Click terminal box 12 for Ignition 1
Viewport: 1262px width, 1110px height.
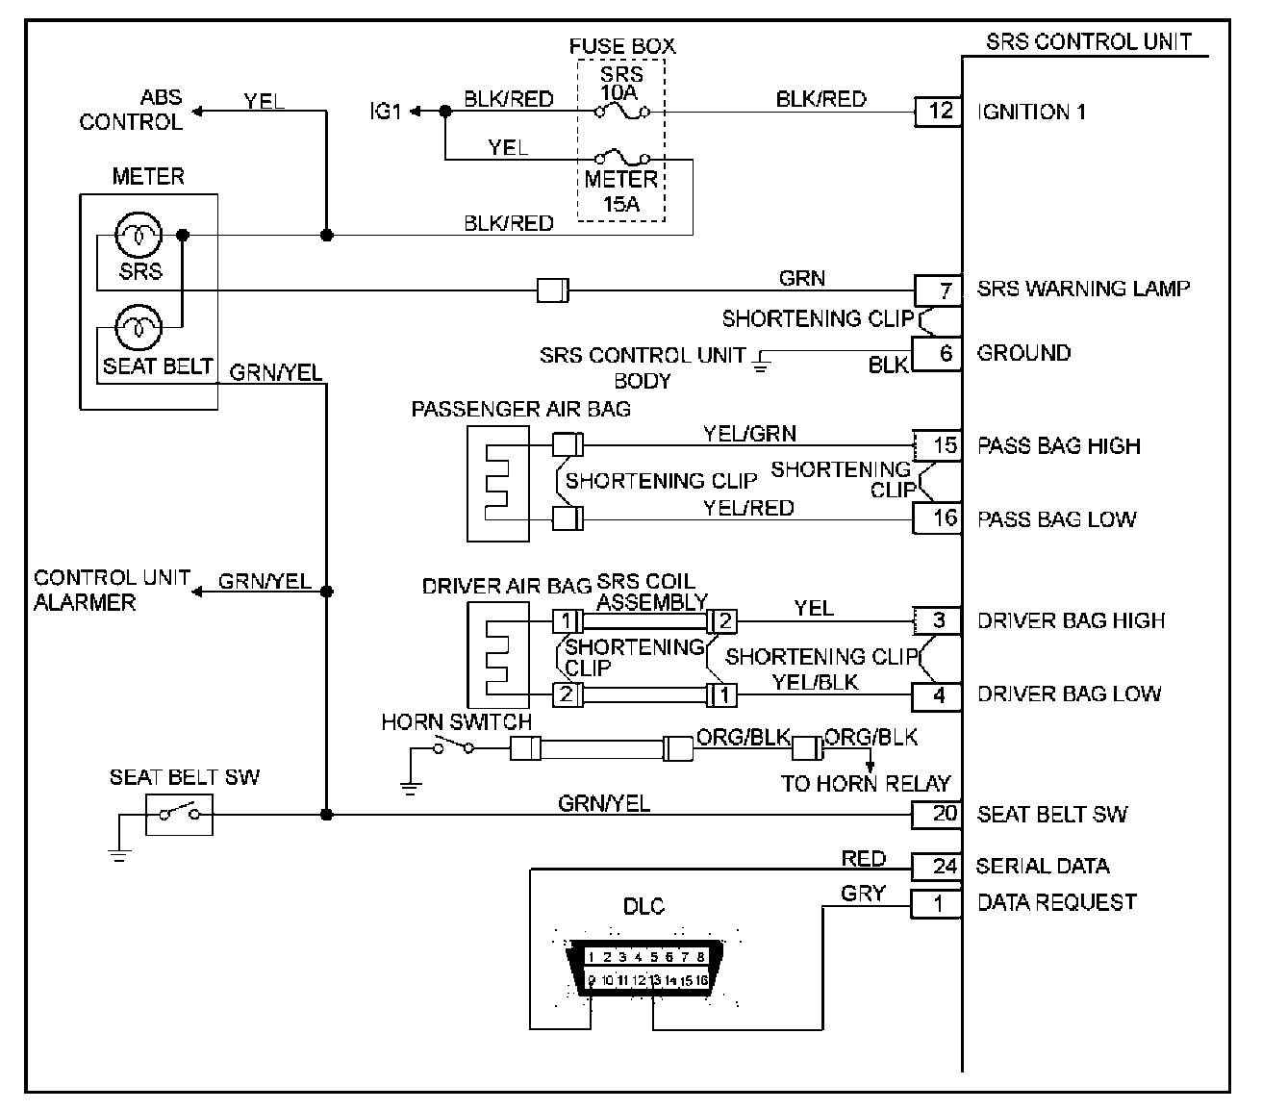pyautogui.click(x=938, y=113)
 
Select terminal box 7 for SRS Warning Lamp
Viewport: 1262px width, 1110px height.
pyautogui.click(x=938, y=290)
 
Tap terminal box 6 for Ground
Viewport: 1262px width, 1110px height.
pyautogui.click(x=937, y=354)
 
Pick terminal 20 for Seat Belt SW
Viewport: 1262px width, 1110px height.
pyautogui.click(x=937, y=815)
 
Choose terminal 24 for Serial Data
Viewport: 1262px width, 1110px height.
pyautogui.click(x=937, y=867)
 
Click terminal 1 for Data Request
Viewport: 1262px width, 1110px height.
pyautogui.click(x=937, y=904)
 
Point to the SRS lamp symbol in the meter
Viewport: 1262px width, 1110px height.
pyautogui.click(x=139, y=235)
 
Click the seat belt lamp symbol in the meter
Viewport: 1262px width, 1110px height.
pyautogui.click(x=139, y=327)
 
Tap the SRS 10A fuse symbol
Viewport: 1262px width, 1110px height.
pyautogui.click(x=622, y=112)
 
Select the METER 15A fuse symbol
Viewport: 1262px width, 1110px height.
pyautogui.click(x=622, y=157)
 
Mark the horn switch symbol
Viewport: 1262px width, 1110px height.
pyautogui.click(x=454, y=745)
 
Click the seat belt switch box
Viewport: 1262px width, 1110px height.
pyautogui.click(x=180, y=814)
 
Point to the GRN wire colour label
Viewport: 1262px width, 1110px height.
pyautogui.click(x=801, y=278)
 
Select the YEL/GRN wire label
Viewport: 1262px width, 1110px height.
pyautogui.click(x=749, y=434)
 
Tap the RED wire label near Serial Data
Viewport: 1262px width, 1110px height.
pyautogui.click(x=864, y=859)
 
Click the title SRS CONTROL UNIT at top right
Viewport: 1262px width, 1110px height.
pyautogui.click(x=1089, y=41)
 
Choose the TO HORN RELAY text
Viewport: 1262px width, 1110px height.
pyautogui.click(x=866, y=784)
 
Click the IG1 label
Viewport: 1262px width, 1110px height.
pyautogui.click(x=385, y=112)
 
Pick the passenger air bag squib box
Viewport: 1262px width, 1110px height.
pyautogui.click(x=498, y=484)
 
